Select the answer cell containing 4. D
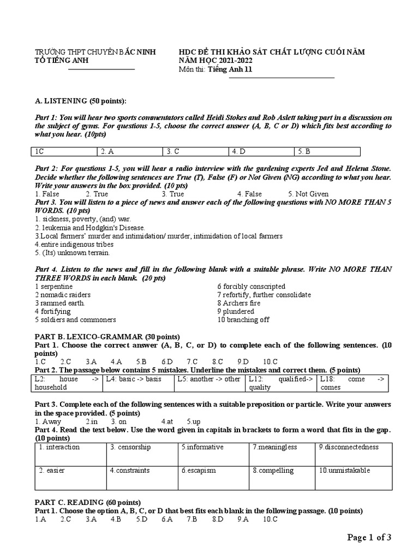[261, 151]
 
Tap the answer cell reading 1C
[64, 151]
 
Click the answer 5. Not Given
[308, 194]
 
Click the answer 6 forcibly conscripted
[251, 286]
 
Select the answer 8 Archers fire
[238, 303]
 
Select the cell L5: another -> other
[209, 379]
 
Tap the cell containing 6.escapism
[199, 470]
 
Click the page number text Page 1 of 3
[369, 538]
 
